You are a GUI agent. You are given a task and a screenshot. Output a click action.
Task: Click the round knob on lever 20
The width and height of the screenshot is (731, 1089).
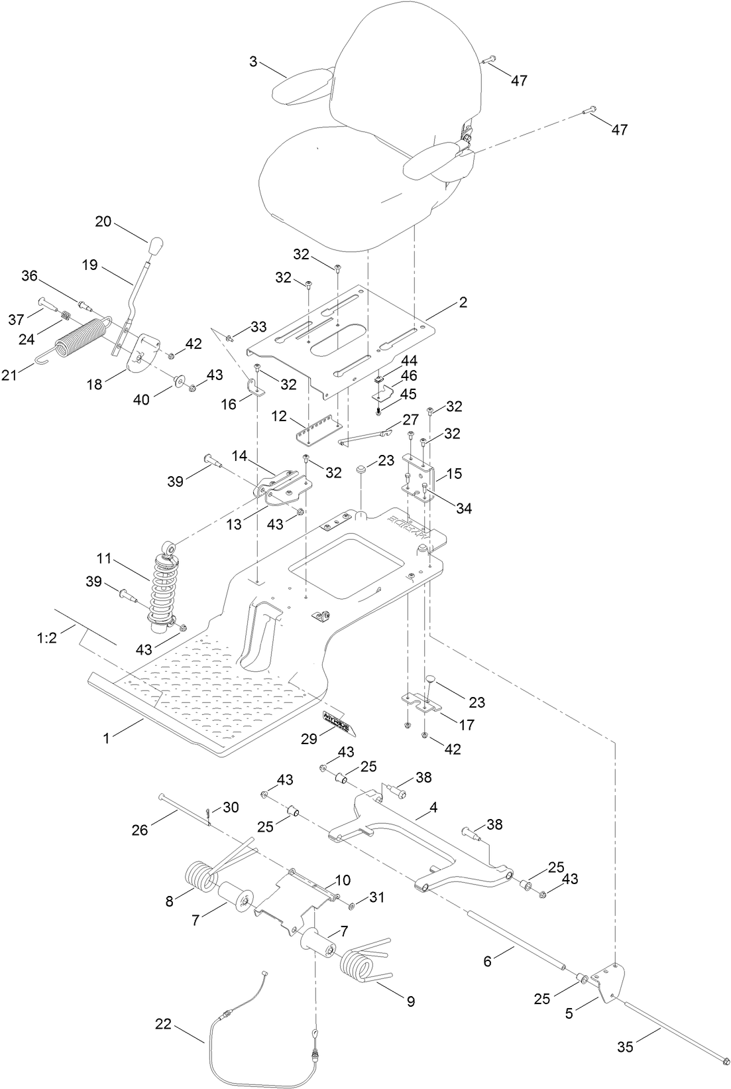[156, 247]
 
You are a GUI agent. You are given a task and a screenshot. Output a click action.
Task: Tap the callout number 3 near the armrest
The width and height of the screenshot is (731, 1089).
[253, 62]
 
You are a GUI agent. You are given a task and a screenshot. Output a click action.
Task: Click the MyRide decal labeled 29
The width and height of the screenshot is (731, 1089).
[339, 722]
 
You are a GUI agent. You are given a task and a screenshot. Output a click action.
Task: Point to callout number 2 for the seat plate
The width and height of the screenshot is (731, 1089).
[463, 302]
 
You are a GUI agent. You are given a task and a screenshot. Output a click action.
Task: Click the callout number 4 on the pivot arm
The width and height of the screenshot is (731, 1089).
[433, 808]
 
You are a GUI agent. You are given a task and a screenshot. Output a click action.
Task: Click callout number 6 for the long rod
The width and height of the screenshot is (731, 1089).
[487, 960]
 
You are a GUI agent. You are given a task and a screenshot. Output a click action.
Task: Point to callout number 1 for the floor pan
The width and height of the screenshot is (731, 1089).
[106, 737]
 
